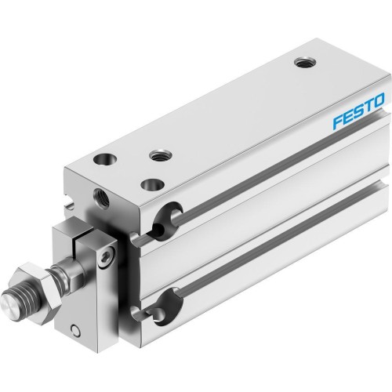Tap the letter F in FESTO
319,107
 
